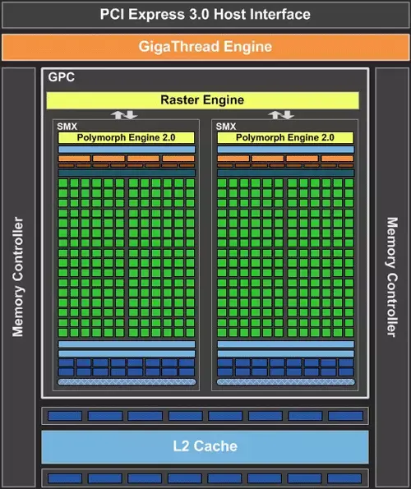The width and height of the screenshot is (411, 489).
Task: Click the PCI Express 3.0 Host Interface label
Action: pos(205,14)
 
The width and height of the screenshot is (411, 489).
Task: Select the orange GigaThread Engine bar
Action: pos(205,47)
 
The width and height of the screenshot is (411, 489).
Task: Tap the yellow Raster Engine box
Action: pos(203,100)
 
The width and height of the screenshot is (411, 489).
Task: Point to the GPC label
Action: pos(62,77)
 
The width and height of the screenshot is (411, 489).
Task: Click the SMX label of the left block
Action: pos(67,127)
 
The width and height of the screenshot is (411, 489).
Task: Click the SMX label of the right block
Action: pos(226,127)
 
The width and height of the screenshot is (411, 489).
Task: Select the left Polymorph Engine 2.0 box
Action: pos(127,137)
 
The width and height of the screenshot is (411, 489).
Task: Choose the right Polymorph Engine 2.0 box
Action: pos(285,137)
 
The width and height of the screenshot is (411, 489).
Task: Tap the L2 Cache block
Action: pos(205,446)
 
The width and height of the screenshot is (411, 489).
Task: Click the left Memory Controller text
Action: pos(18,277)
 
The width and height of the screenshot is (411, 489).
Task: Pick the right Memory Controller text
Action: pos(392,277)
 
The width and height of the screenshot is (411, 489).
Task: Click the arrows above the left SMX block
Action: pos(124,115)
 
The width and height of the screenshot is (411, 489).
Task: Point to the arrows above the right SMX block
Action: pos(281,115)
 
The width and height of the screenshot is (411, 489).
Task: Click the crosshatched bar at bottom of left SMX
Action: pos(127,381)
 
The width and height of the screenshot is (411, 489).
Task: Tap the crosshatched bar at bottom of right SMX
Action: pos(285,381)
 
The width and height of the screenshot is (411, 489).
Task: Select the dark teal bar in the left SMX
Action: pos(127,173)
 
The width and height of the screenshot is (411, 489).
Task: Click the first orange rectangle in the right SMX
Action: pos(233,158)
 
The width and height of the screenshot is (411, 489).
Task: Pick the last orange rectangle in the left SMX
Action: pos(178,158)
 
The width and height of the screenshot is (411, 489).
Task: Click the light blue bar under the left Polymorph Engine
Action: pos(127,149)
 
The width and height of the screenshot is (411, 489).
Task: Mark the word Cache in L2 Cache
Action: pos(215,446)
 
